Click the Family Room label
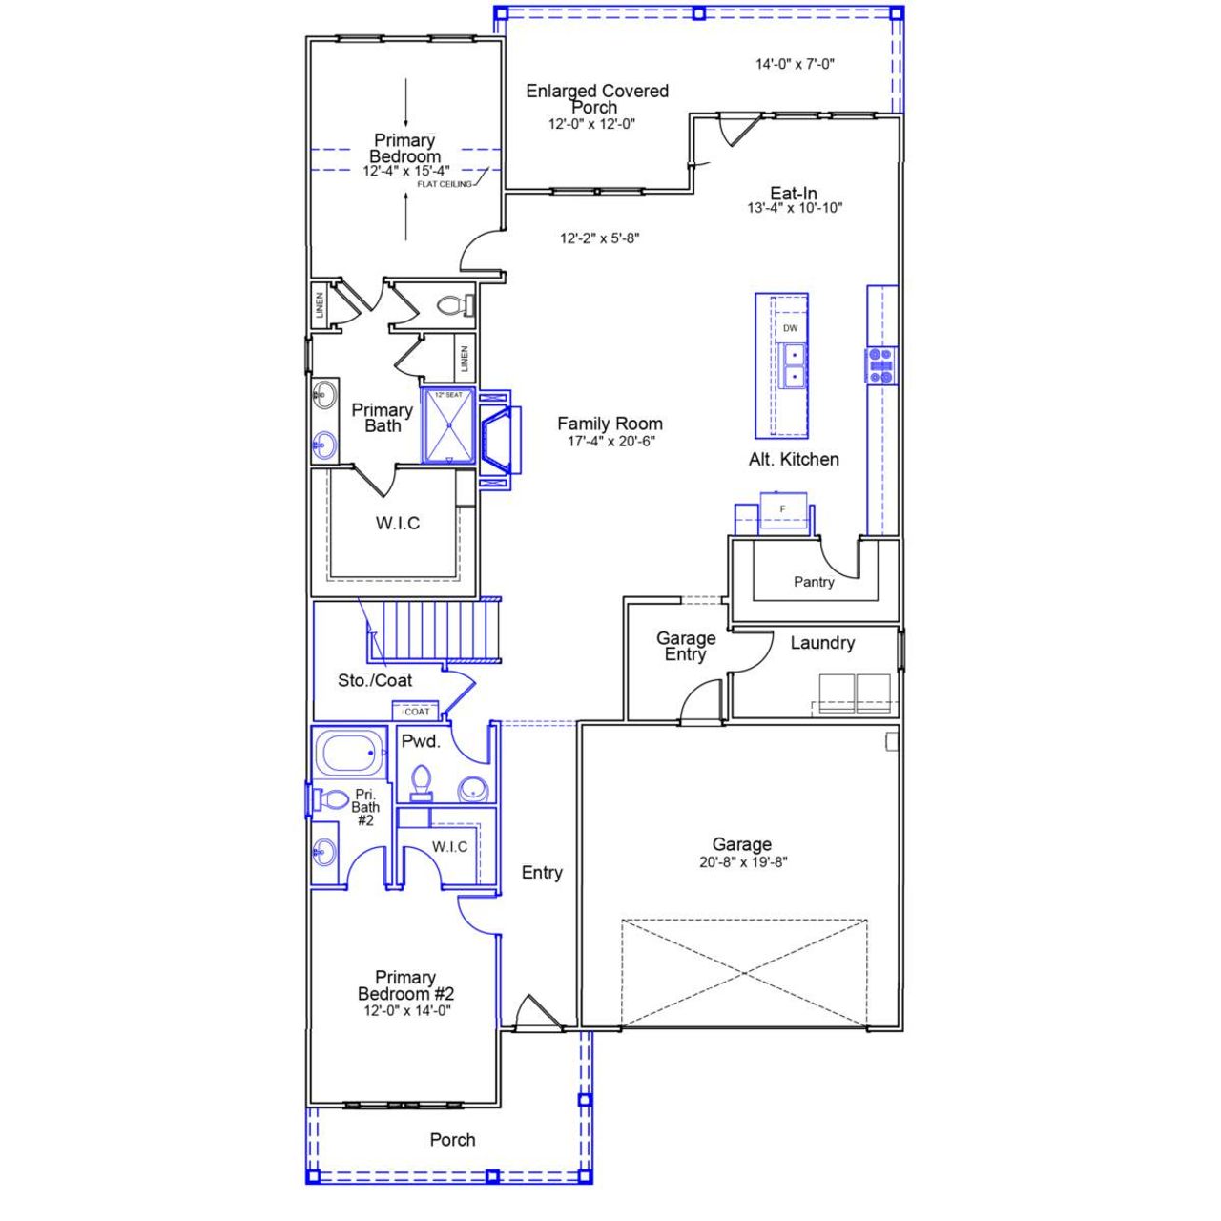610,424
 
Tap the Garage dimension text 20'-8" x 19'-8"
741,862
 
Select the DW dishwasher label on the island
790,328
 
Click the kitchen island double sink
791,365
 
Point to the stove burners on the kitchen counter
881,365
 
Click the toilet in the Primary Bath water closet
454,305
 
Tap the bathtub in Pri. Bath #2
348,754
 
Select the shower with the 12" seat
447,425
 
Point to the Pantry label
814,582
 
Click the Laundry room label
821,643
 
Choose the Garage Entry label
685,646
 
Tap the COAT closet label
417,712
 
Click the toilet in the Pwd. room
421,783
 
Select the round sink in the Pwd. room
472,790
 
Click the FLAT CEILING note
444,184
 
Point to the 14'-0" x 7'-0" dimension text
795,65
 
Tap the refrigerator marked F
783,510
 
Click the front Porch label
452,1139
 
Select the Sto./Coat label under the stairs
375,680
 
